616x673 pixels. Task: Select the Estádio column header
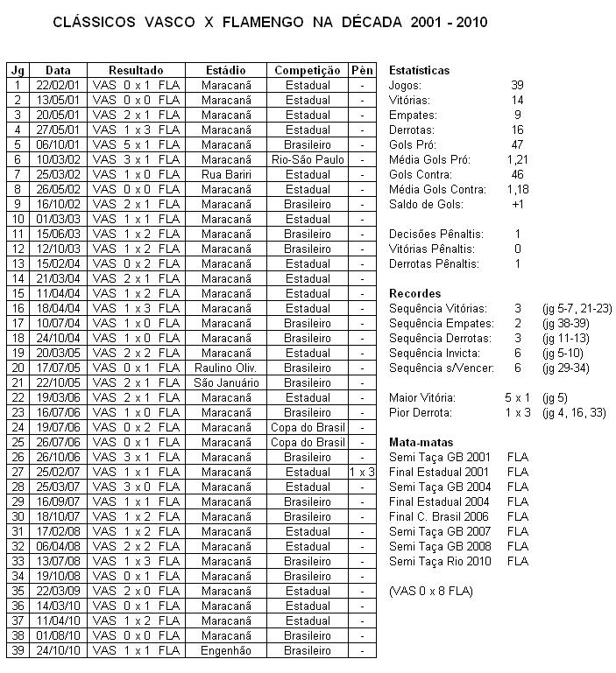225,70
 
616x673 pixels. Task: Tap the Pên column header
361,70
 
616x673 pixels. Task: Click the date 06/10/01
58,144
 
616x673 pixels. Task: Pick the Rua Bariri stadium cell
225,174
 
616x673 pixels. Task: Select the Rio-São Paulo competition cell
308,159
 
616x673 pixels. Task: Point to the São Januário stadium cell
225,382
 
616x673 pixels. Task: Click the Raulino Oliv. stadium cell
225,368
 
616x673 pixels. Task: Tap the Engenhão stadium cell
225,650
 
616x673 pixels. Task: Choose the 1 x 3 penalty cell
361,472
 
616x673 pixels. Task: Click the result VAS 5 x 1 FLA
136,144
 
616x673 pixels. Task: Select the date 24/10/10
58,650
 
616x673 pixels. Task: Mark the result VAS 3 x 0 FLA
136,487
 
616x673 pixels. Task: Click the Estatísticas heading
419,70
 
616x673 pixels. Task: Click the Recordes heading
414,293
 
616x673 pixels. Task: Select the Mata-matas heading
419,442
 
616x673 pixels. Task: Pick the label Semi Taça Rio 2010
439,561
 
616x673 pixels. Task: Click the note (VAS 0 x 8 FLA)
430,591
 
